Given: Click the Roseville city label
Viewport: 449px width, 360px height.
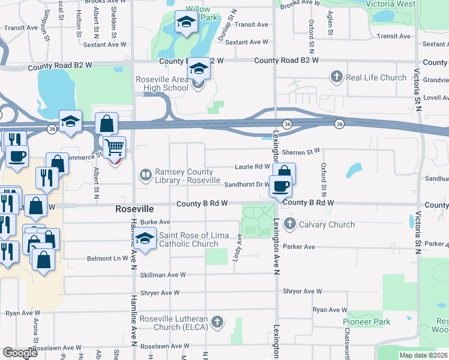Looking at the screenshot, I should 134,209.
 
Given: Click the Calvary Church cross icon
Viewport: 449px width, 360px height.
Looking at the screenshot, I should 290,224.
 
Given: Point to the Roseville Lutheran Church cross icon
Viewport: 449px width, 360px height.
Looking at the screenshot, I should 217,322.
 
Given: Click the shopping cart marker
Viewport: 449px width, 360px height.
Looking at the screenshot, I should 114,147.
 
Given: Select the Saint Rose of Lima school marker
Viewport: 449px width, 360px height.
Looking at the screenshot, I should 145,239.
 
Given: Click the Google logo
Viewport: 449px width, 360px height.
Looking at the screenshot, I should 20,352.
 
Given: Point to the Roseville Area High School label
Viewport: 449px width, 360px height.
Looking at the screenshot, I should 162,83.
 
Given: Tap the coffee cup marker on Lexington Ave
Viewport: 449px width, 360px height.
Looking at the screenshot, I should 280,186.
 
